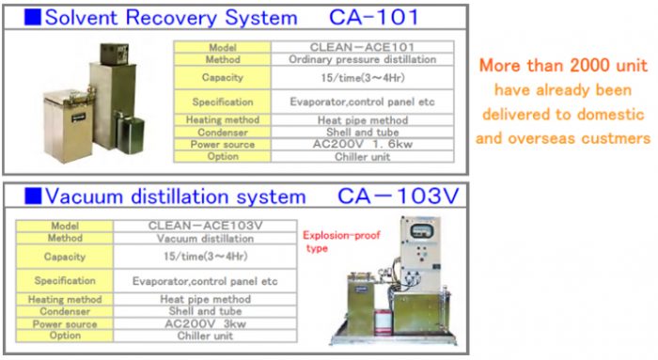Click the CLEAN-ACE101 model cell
coord(361,45)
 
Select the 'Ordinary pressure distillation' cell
coord(361,58)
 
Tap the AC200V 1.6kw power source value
coord(361,145)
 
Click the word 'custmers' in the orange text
coord(619,138)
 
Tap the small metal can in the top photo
coord(124,131)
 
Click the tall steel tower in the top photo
coord(112,85)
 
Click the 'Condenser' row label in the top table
coord(222,133)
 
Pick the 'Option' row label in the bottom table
coord(65,335)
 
